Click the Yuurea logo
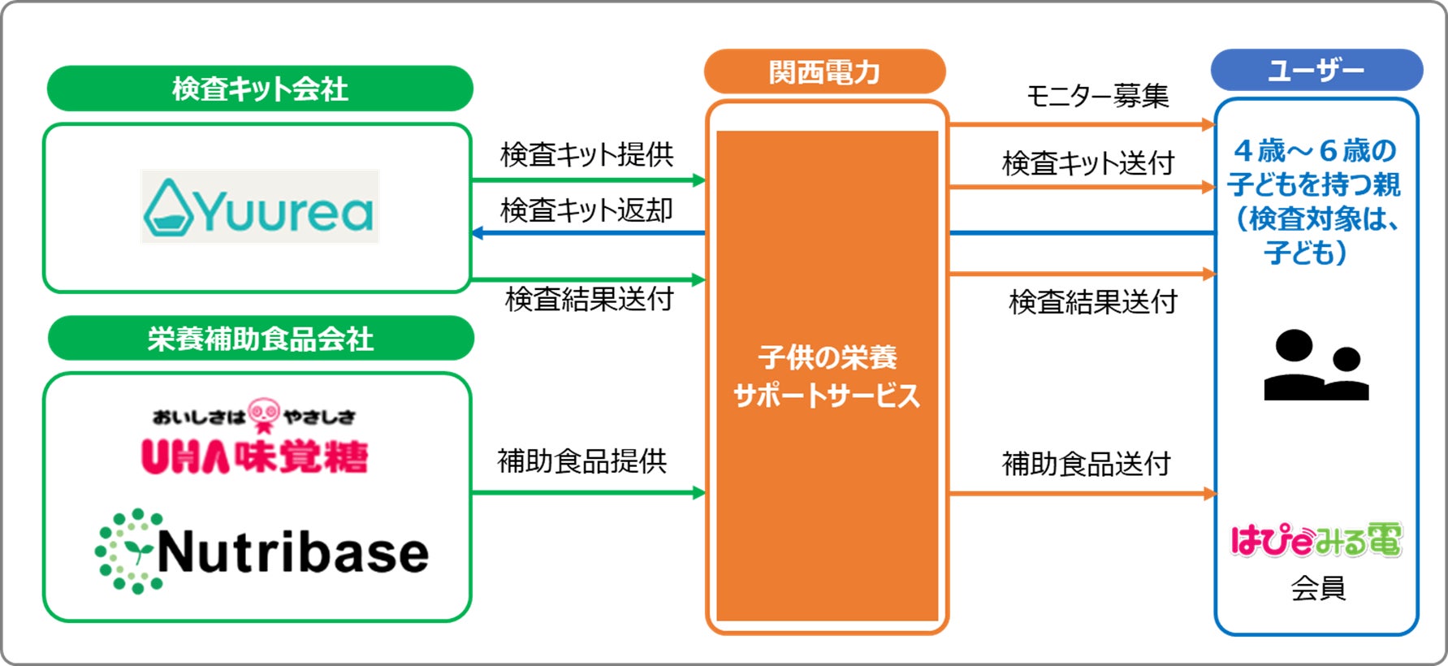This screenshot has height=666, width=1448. tap(260, 206)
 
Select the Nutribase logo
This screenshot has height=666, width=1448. tap(262, 551)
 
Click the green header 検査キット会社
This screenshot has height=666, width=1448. tap(260, 89)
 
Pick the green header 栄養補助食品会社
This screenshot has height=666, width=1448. tap(261, 339)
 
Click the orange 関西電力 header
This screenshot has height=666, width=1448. tap(824, 72)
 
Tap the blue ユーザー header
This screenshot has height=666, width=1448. tap(1316, 71)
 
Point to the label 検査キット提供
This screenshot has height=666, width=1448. tap(586, 154)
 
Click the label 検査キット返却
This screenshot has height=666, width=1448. tap(586, 210)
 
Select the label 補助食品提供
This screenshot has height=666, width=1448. tap(581, 461)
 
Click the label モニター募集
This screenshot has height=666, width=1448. tap(1097, 96)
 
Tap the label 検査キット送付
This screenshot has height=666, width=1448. tap(1088, 163)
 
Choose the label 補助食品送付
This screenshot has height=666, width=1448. tap(1086, 464)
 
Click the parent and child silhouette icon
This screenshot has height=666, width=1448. tap(1316, 365)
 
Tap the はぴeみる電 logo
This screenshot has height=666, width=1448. tap(1316, 540)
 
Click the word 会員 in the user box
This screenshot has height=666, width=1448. tap(1318, 587)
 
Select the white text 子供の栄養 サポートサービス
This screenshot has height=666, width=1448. tap(827, 376)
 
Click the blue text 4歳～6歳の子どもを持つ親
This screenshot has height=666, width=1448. tap(1313, 167)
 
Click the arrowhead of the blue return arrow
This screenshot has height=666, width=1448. tap(478, 233)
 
